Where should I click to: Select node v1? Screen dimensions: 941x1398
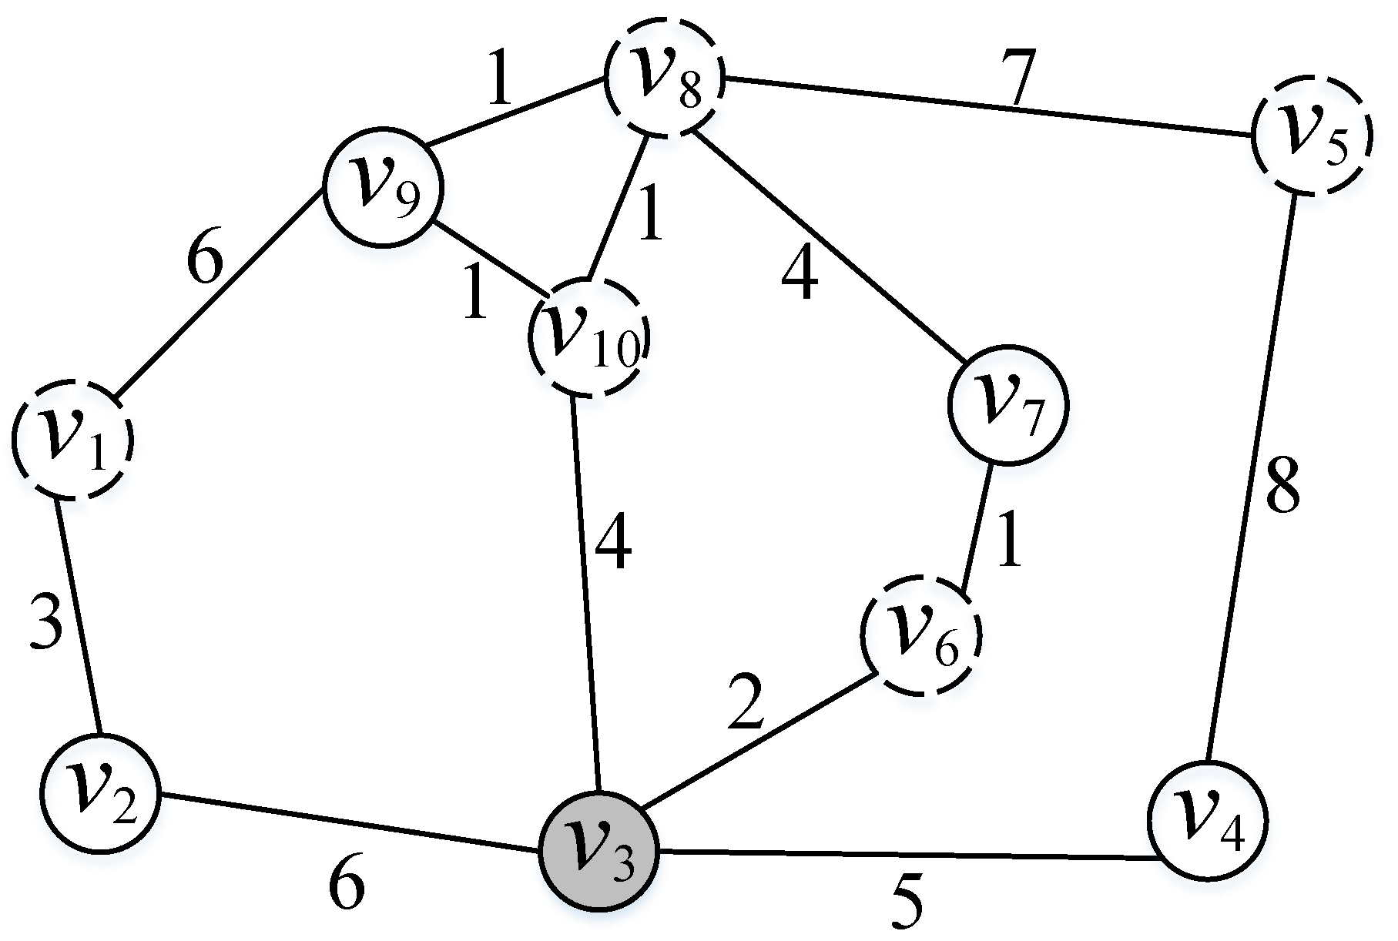pyautogui.click(x=72, y=440)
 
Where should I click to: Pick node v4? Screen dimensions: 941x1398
pyautogui.click(x=1207, y=821)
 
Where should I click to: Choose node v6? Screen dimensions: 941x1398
pyautogui.click(x=921, y=636)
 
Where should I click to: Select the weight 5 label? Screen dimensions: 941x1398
pyautogui.click(x=906, y=902)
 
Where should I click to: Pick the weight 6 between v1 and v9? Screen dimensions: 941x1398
pyautogui.click(x=205, y=266)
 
